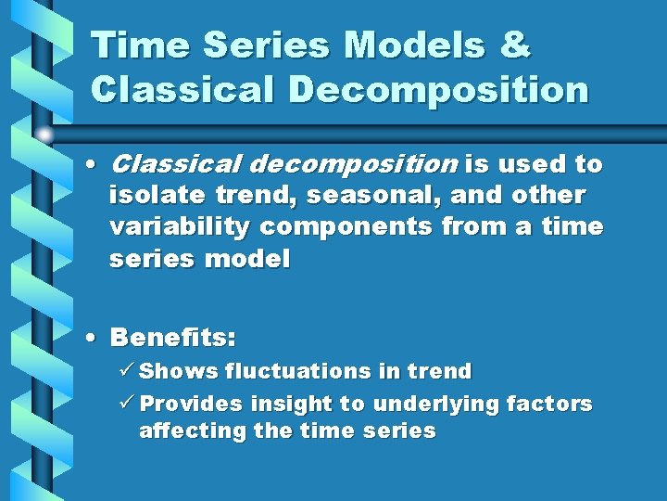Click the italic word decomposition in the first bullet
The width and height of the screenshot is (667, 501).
click(x=354, y=165)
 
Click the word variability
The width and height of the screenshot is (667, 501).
click(x=180, y=227)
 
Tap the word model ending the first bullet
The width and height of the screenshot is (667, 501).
click(x=247, y=259)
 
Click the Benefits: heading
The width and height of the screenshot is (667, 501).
click(x=172, y=336)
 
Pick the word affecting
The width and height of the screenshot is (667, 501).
click(x=190, y=431)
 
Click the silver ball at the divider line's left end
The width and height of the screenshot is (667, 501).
click(x=44, y=135)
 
